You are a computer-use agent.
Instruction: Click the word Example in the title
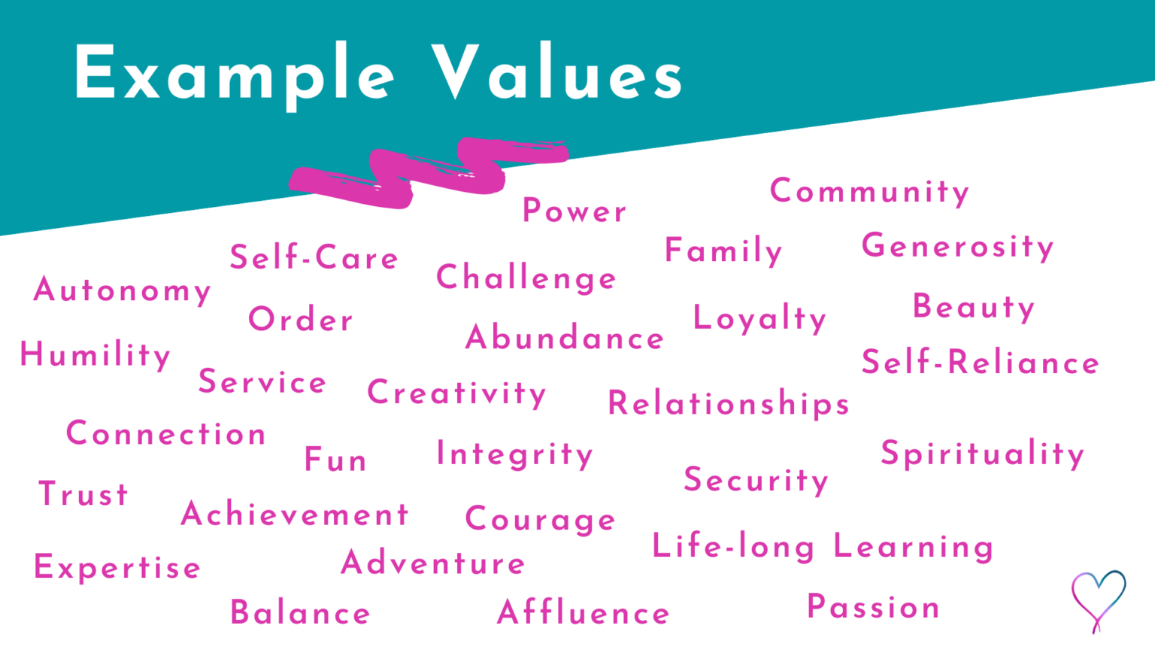click(x=233, y=74)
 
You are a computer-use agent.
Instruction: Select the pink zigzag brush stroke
click(x=429, y=172)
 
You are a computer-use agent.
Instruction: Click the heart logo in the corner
click(x=1099, y=599)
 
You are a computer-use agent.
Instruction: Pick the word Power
click(x=574, y=211)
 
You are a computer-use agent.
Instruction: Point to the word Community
click(x=869, y=192)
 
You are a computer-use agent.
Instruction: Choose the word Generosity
click(x=957, y=247)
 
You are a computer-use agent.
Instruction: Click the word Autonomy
click(x=122, y=291)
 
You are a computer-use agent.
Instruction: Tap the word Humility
click(x=95, y=355)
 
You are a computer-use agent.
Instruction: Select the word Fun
click(x=335, y=460)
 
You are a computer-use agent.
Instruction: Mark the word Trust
click(x=83, y=494)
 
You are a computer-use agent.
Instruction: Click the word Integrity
click(x=514, y=455)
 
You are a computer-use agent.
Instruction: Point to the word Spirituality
click(x=982, y=454)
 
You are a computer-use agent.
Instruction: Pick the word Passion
click(x=873, y=607)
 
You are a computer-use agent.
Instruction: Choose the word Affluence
click(x=584, y=613)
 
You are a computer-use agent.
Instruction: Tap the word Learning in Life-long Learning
click(x=913, y=548)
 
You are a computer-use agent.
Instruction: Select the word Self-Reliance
click(x=980, y=363)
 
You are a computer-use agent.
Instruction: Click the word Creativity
click(x=456, y=393)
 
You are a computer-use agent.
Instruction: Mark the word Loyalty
click(x=759, y=319)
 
